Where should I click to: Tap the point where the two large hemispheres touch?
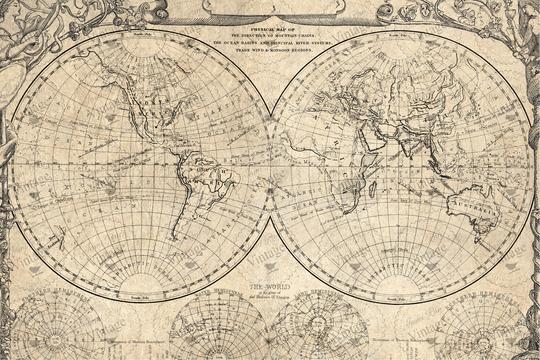tap(270, 165)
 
